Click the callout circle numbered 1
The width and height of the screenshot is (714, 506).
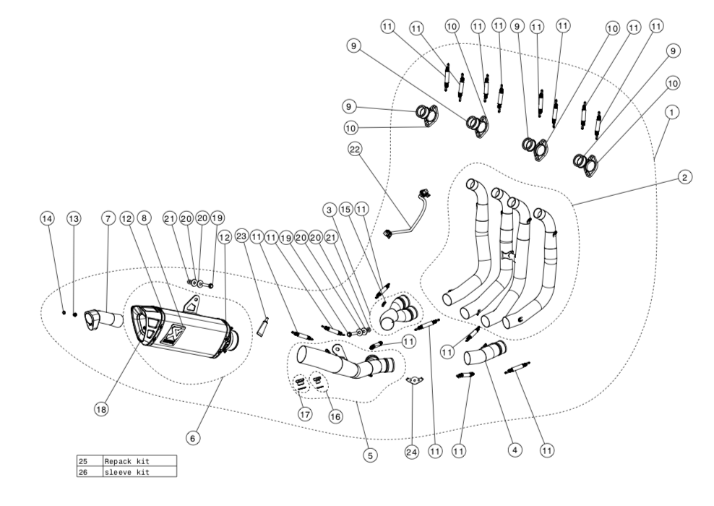[x=673, y=113]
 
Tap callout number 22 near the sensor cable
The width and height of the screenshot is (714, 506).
[x=355, y=150]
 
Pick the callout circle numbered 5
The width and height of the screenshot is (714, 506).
[x=369, y=456]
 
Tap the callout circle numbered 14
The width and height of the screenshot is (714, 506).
[x=47, y=218]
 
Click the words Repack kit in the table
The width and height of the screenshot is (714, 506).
[x=128, y=460]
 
